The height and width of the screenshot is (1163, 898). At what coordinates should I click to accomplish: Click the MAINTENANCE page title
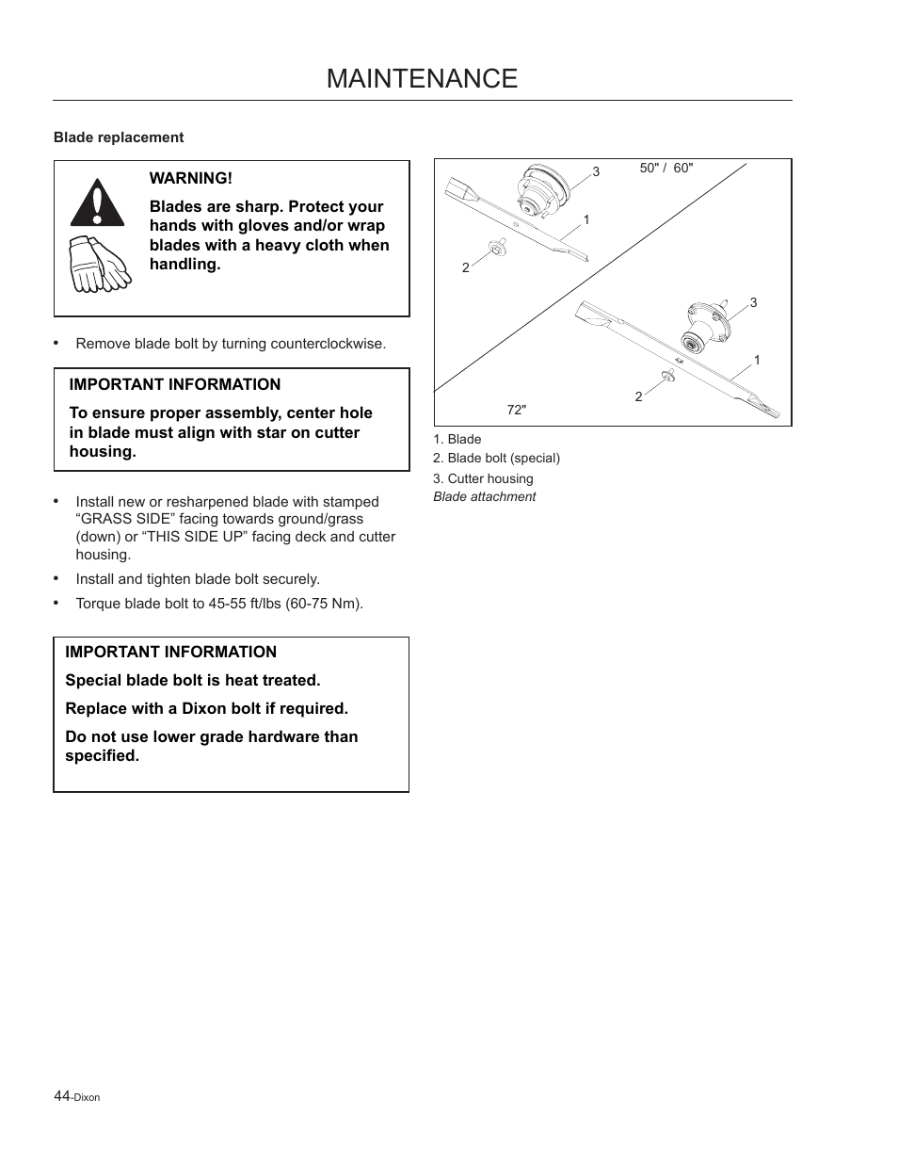pyautogui.click(x=422, y=78)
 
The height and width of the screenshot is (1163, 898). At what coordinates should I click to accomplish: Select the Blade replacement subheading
pyautogui.click(x=119, y=137)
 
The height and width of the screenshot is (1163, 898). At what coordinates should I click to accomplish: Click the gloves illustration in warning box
pyautogui.click(x=99, y=264)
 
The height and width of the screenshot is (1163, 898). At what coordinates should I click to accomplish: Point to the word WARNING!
pyautogui.click(x=190, y=178)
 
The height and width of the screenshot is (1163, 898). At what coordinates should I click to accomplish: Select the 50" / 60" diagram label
pyautogui.click(x=666, y=169)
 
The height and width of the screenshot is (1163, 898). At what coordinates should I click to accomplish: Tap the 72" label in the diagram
pyautogui.click(x=517, y=410)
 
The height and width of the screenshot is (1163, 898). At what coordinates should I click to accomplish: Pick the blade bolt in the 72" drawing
pyautogui.click(x=667, y=377)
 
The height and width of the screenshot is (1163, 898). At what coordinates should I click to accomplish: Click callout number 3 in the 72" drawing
pyautogui.click(x=753, y=303)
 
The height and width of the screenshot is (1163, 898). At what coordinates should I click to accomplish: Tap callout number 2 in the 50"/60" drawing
pyautogui.click(x=465, y=268)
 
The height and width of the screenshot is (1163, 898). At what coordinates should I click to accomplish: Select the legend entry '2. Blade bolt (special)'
pyautogui.click(x=496, y=459)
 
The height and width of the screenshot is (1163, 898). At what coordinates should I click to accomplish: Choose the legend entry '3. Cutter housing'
pyautogui.click(x=483, y=478)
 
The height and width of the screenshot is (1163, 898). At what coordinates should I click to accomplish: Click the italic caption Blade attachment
pyautogui.click(x=484, y=497)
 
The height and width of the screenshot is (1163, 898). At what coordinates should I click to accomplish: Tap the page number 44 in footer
pyautogui.click(x=62, y=1096)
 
